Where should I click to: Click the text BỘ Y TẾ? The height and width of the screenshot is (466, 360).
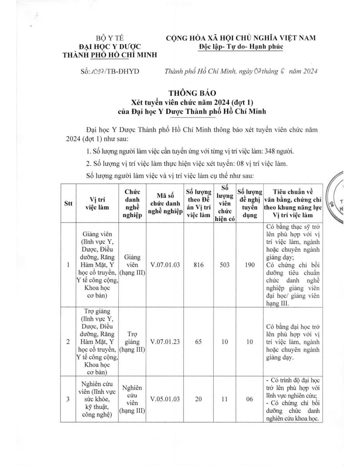point(110,38)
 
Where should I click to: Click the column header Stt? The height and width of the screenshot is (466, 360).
point(68,203)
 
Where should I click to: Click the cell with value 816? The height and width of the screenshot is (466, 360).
point(198,265)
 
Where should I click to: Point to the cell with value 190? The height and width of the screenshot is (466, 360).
point(250,265)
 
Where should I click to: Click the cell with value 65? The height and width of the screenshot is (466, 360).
point(198,342)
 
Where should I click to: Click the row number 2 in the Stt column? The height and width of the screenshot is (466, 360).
point(68,342)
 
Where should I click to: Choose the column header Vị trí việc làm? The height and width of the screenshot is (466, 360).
point(97,203)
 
